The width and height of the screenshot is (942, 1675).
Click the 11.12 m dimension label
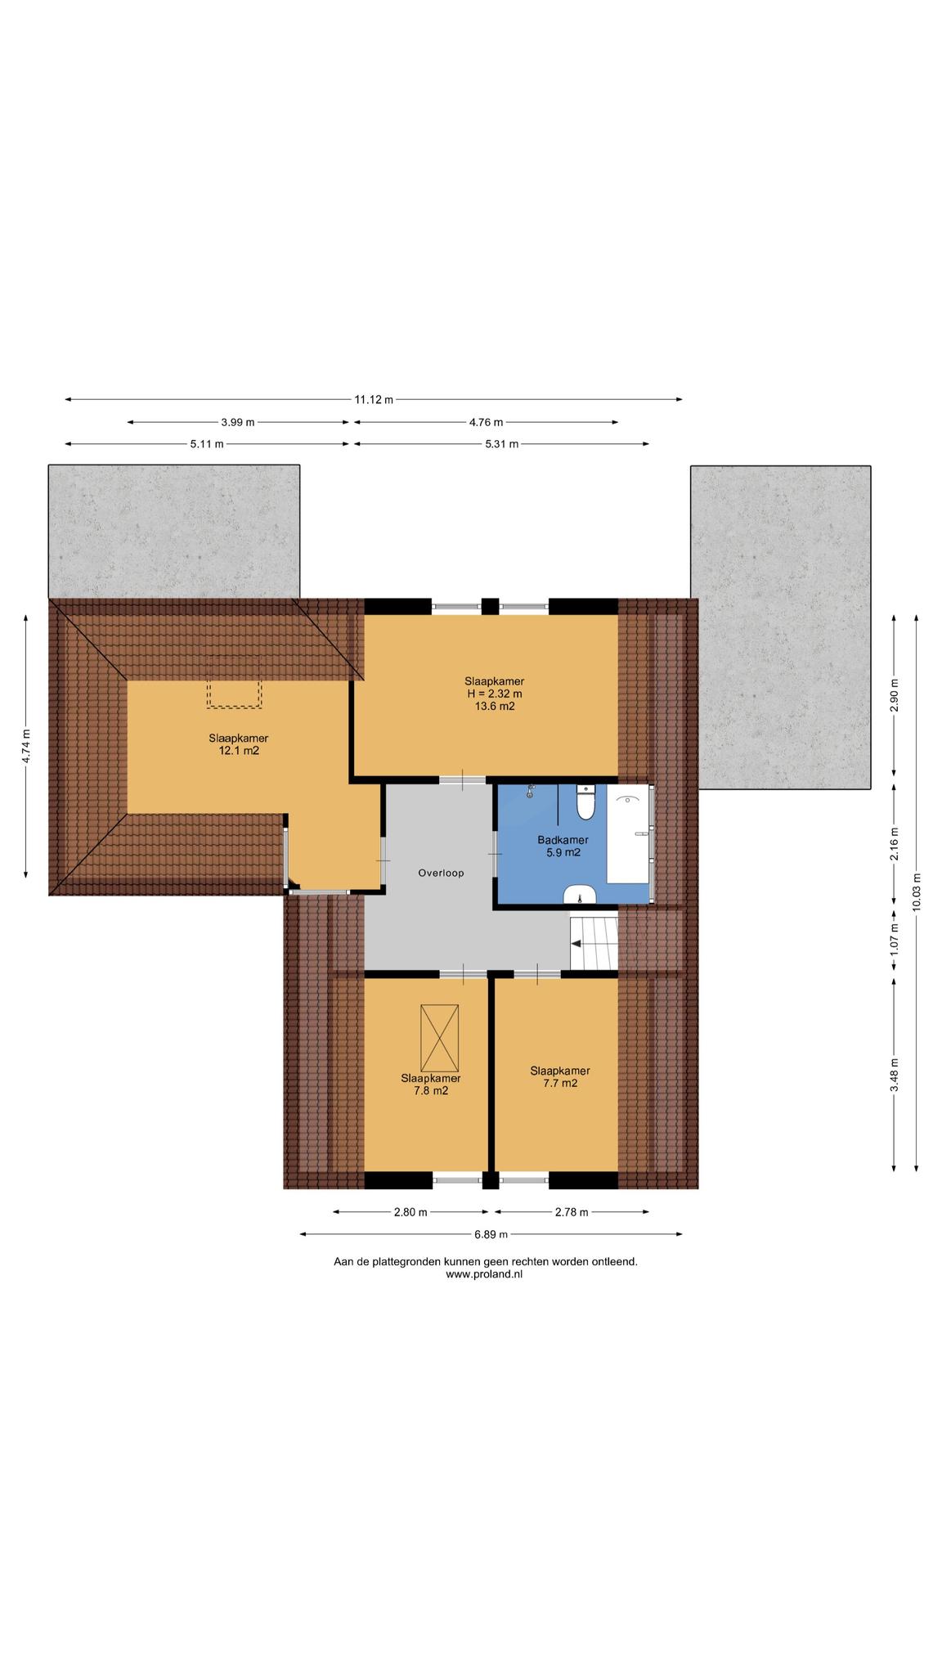coord(373,400)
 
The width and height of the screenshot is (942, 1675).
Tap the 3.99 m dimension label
coord(237,422)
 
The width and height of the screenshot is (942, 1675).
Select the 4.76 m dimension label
coord(486,422)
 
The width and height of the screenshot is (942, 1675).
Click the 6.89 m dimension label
coord(491,1234)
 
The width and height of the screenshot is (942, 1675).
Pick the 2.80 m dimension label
coord(410,1212)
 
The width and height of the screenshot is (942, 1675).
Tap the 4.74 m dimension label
coord(26,746)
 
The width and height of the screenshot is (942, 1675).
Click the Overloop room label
coord(441,873)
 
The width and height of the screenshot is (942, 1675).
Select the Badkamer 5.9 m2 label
coord(563,846)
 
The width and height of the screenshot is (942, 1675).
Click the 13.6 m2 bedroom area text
coord(495,707)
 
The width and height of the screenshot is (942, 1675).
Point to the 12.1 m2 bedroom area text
coord(239,750)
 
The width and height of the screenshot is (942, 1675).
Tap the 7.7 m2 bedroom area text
coord(560,1083)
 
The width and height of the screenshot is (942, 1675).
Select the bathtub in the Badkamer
coord(629,834)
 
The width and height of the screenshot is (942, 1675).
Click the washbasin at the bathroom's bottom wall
coord(579,894)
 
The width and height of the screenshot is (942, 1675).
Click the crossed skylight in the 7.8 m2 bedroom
coord(439,1038)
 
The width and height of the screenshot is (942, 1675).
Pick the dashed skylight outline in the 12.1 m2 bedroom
coord(235,692)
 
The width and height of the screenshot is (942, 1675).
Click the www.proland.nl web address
coord(484,1273)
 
